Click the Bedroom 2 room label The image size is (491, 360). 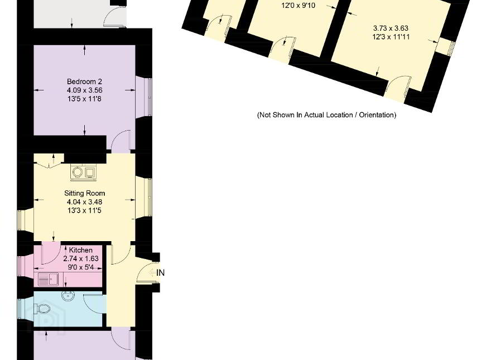84,81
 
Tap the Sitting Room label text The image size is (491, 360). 85,193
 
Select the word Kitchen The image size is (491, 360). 81,250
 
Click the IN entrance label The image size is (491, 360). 160,273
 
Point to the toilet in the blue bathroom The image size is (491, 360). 42,308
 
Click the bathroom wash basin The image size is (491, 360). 68,295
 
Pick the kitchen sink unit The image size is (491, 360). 48,279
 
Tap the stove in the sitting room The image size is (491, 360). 84,172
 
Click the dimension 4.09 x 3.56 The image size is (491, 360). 84,90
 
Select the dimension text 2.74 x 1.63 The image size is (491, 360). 81,259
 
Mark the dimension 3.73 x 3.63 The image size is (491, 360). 391,28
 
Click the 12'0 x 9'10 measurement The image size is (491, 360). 298,6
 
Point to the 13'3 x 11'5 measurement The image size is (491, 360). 84,210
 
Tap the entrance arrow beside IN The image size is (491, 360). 152,273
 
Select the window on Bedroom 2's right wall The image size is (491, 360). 149,97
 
